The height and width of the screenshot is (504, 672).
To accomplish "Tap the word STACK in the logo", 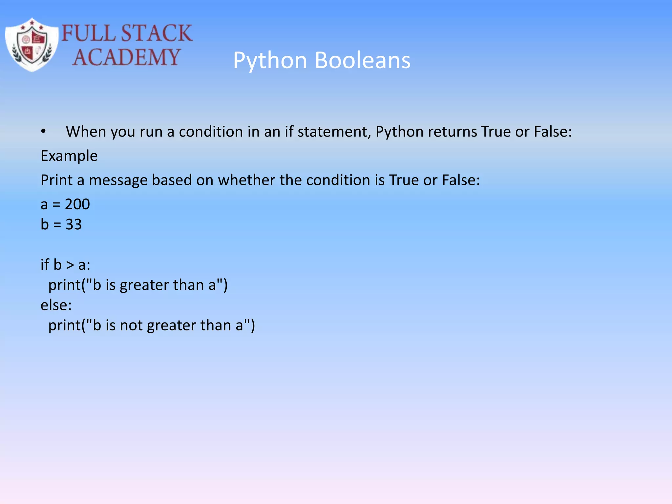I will pos(157,33).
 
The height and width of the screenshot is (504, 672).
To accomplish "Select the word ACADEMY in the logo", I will pos(126,57).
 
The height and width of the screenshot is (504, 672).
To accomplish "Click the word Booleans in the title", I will pos(363,60).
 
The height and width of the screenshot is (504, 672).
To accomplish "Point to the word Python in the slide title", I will pos(270,60).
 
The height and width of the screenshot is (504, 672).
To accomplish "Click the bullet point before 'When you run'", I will pos(43,132).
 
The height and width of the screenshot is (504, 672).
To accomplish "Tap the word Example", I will pos(69,156).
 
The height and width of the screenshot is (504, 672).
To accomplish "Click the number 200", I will pos(77,204).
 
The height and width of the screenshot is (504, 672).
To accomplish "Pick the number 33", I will pos(73,225).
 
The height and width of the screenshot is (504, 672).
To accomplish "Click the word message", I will pos(118,180).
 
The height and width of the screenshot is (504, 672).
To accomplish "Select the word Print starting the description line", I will pos(56,180).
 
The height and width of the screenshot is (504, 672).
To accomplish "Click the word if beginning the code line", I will pos(45,265).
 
